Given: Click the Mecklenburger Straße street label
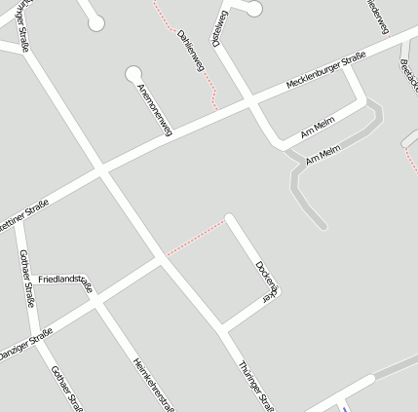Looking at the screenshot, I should [325, 72].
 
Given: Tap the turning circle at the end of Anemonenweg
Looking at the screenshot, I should [133, 73].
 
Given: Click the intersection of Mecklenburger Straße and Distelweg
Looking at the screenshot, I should [249, 101].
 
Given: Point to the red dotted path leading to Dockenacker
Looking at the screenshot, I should [195, 239].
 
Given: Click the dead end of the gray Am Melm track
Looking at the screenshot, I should [323, 227].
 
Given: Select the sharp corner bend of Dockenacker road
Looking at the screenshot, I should [278, 292].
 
